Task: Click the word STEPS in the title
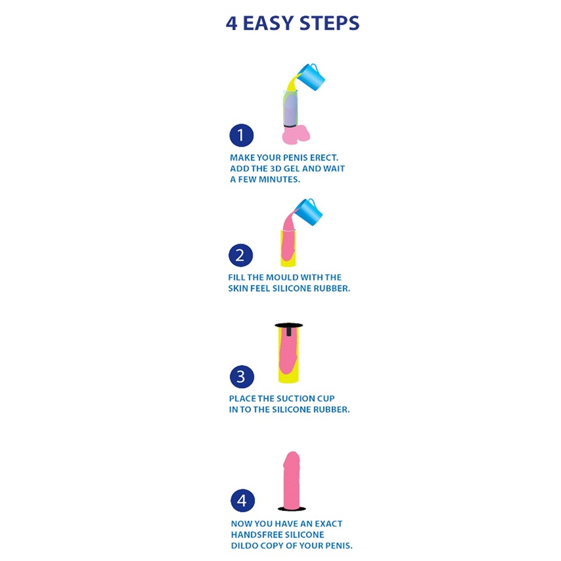(329, 23)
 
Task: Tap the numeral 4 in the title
(232, 24)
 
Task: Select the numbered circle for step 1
(241, 135)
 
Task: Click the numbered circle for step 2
(241, 255)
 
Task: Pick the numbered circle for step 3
(242, 376)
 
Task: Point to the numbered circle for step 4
(242, 500)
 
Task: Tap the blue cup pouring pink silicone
(309, 212)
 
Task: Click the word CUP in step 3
(327, 398)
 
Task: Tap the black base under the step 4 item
(292, 508)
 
